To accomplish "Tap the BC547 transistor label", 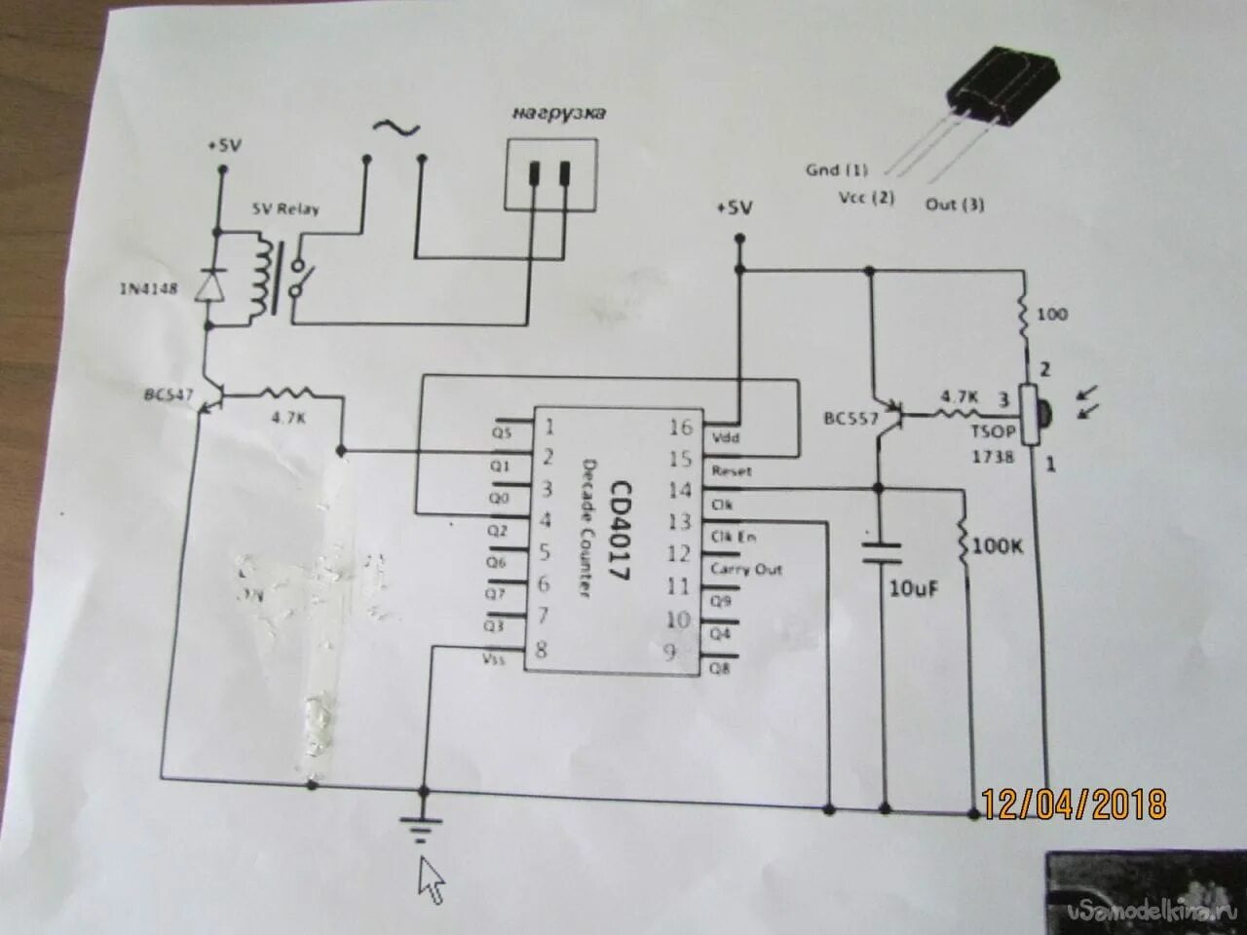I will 169,397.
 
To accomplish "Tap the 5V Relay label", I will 285,208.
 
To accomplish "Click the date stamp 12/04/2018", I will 1074,804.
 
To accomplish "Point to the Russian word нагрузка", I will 559,114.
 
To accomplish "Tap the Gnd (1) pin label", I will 836,170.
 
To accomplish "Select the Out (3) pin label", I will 954,205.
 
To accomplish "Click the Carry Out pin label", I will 746,570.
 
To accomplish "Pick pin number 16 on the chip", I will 682,427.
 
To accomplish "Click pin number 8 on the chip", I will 542,650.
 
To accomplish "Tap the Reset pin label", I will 732,470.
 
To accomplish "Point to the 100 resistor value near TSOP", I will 1052,315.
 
